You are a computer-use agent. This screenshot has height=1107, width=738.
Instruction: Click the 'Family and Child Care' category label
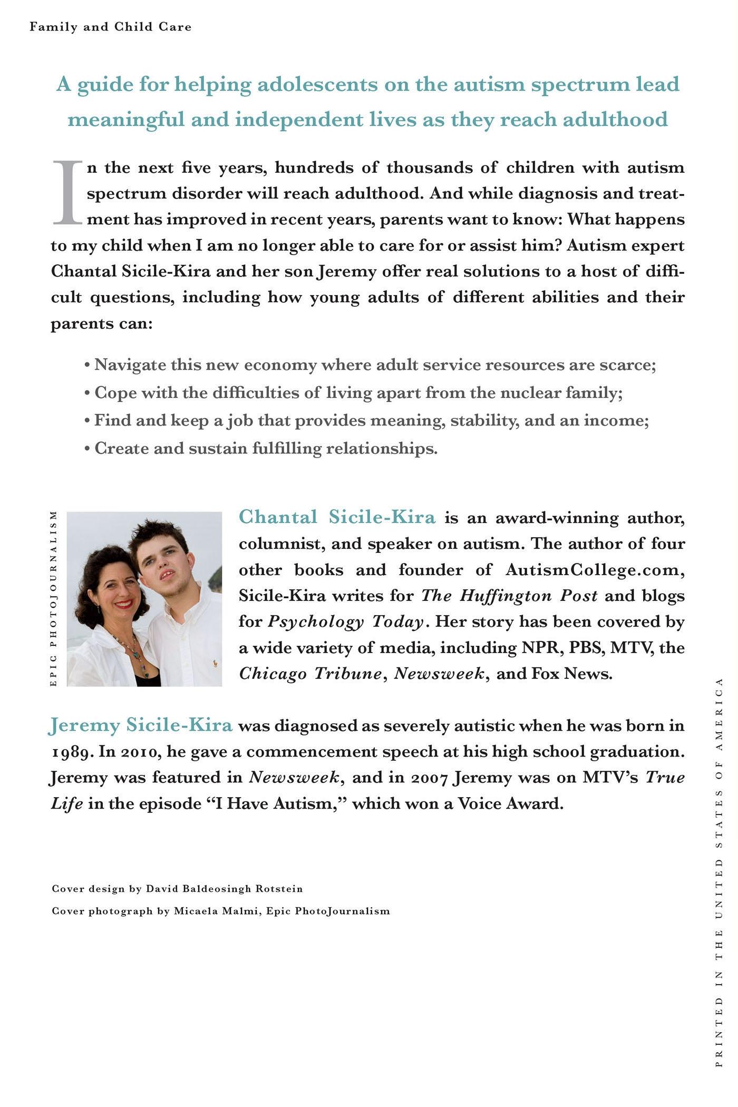click(x=110, y=26)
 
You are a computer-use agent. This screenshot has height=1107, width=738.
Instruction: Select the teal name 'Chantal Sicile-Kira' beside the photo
click(x=337, y=517)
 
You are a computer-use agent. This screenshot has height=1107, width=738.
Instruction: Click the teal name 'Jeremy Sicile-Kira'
click(x=140, y=725)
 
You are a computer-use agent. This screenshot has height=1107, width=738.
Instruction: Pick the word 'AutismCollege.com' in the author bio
click(x=595, y=569)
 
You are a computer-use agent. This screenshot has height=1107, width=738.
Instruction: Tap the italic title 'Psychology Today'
click(x=345, y=622)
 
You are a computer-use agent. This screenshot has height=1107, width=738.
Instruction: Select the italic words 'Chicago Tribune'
click(x=310, y=674)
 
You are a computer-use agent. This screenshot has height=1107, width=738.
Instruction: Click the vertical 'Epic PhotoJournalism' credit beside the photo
click(x=53, y=599)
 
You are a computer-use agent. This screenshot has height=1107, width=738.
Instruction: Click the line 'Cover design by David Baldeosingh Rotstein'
click(x=177, y=889)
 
